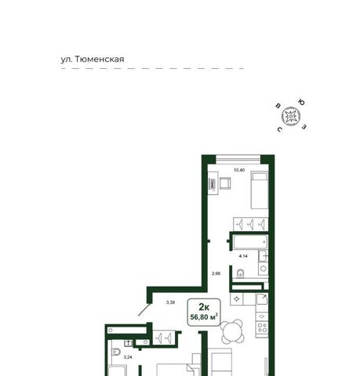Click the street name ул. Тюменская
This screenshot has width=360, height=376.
point(93,60)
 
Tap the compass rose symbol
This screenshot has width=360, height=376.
point(291,116)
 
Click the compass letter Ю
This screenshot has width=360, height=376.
point(302,102)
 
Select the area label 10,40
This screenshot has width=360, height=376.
point(239,170)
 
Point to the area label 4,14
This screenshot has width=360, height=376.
point(243,256)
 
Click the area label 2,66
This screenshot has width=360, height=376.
point(216,273)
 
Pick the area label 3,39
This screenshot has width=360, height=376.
point(170,302)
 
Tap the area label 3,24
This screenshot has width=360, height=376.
point(128,357)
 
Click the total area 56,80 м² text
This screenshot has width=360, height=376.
point(204,317)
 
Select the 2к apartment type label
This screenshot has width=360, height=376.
point(204,307)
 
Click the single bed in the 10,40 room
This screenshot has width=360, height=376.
point(260,190)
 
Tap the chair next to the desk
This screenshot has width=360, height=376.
point(225,183)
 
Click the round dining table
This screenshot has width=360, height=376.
point(232,331)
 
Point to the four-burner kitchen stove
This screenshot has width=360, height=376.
point(262,328)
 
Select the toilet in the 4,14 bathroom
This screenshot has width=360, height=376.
point(241,273)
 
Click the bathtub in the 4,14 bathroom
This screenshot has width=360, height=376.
point(250,242)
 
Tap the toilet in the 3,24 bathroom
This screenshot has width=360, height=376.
point(115,352)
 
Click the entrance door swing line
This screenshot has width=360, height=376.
point(144,309)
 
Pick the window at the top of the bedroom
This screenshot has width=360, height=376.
point(238,158)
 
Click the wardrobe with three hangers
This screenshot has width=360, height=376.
point(250,224)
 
